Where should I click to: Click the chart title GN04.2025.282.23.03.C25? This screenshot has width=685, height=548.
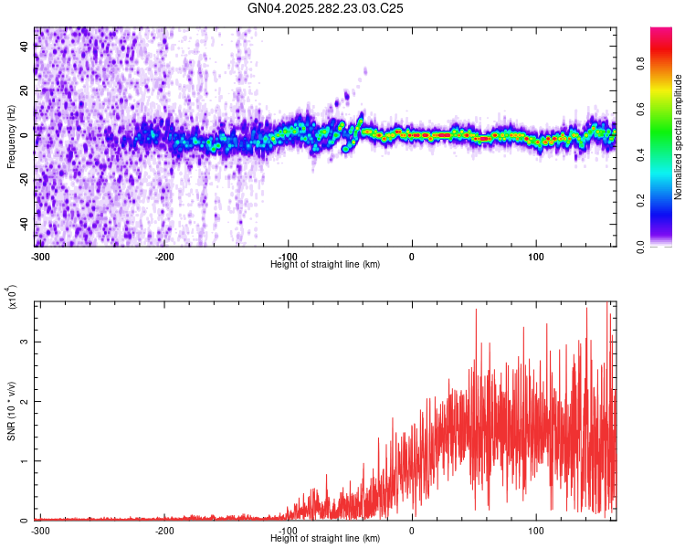pos(326,8)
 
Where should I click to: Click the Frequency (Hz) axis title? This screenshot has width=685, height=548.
pos(11,137)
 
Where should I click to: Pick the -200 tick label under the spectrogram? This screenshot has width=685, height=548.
pos(163,256)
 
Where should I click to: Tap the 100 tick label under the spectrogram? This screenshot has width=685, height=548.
pos(536,256)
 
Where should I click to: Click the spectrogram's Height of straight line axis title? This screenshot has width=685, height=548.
pos(326,264)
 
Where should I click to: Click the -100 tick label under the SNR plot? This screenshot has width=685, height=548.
pos(288,531)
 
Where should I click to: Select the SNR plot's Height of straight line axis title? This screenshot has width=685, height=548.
pos(326,539)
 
